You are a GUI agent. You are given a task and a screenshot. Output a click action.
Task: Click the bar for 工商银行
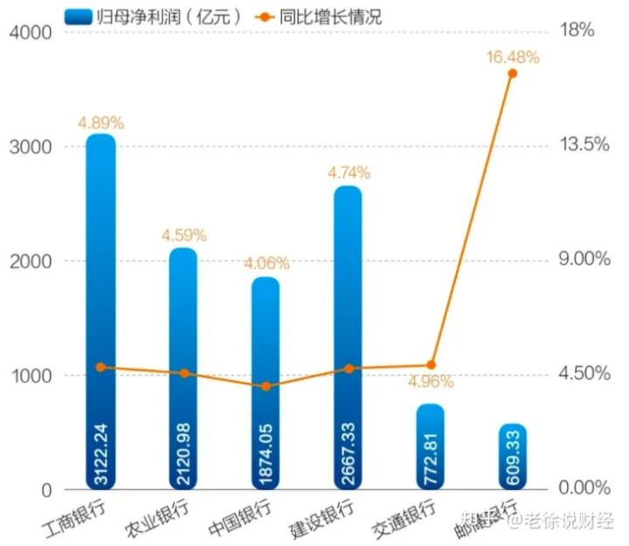pos(100,262)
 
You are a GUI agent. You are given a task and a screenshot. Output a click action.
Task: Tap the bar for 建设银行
pos(348,288)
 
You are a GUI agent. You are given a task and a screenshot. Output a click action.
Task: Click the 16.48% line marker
pos(513,73)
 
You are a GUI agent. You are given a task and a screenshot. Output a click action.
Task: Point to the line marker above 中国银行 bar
pos(266,385)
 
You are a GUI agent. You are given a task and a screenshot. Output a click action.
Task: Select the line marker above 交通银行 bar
pos(431,365)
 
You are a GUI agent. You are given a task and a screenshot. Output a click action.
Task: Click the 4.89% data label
pos(100,123)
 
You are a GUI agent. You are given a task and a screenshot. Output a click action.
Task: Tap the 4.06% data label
pos(266,263)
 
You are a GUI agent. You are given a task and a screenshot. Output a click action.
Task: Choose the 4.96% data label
pos(431,382)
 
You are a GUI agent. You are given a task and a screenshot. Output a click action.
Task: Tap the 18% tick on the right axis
pos(577,31)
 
